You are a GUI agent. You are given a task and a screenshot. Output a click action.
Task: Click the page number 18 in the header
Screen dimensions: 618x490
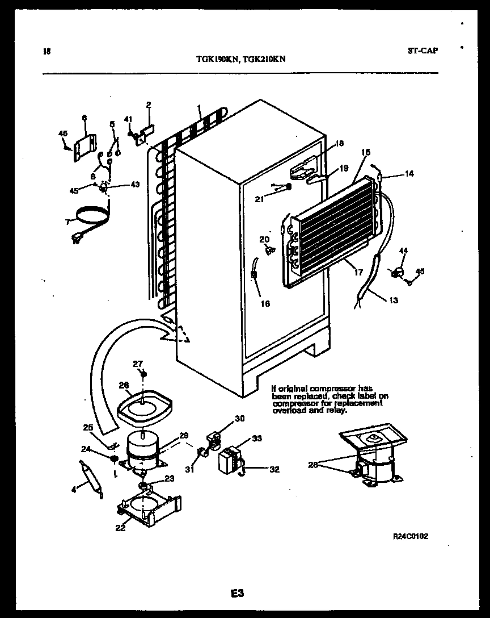[x=47, y=51]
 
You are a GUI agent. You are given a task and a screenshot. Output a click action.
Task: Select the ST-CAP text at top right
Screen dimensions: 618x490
[x=423, y=50]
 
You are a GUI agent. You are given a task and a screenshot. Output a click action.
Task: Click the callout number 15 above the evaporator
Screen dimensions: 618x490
[x=366, y=152]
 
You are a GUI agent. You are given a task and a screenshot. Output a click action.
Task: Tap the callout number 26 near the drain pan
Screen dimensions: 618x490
[x=124, y=385]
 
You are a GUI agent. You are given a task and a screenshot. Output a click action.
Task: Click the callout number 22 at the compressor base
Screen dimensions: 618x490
[x=120, y=528]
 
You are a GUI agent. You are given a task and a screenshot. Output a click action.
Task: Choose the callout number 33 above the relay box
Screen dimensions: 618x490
[x=257, y=438]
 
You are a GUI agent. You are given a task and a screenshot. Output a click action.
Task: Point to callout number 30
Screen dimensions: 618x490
[x=240, y=419]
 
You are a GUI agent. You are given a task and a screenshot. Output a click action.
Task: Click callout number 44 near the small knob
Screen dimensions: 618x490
[x=403, y=250]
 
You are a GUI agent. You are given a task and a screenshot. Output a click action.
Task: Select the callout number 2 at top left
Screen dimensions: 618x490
[x=149, y=105]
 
